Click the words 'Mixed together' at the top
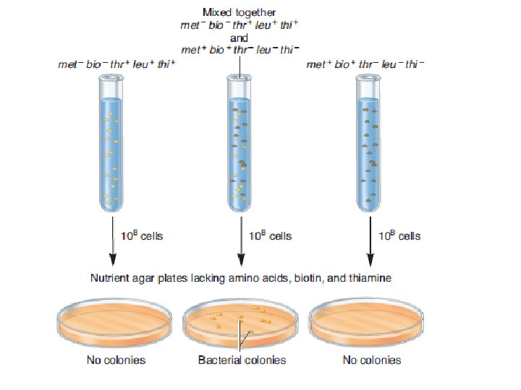[x=240, y=12]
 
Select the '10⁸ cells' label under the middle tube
[x=270, y=236]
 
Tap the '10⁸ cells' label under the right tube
[x=399, y=236]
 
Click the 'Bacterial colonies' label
[x=242, y=360]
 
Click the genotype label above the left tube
[x=117, y=64]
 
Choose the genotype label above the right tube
[x=365, y=64]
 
